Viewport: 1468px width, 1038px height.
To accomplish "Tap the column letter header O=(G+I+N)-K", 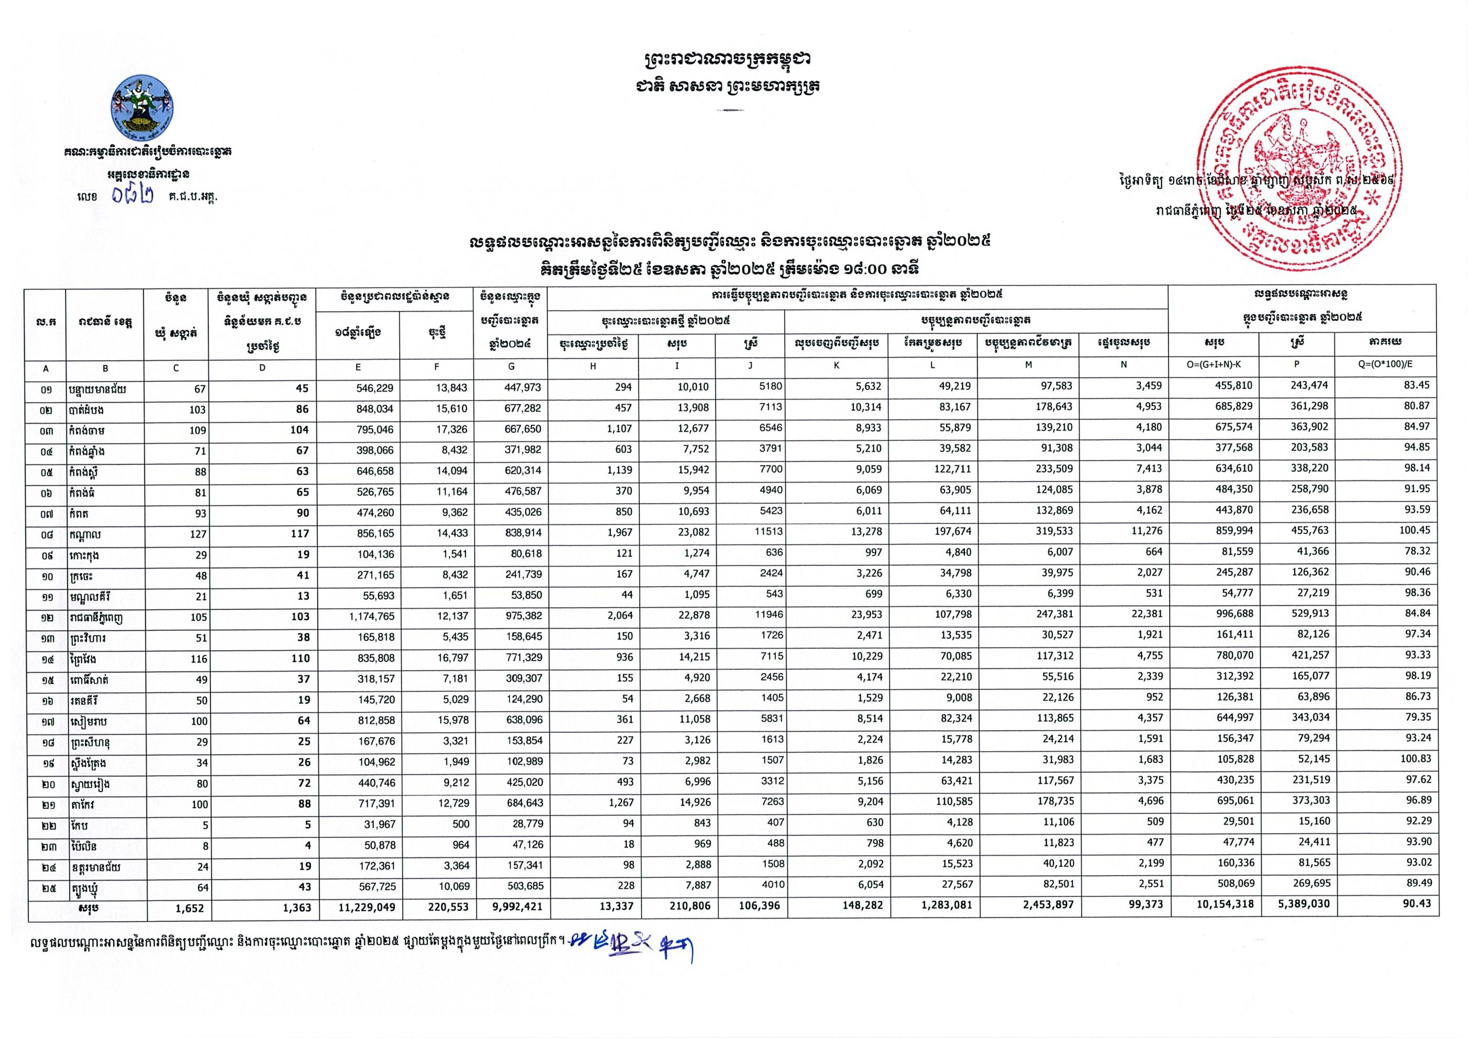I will [1214, 365].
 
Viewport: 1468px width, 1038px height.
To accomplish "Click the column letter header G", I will [511, 366].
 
